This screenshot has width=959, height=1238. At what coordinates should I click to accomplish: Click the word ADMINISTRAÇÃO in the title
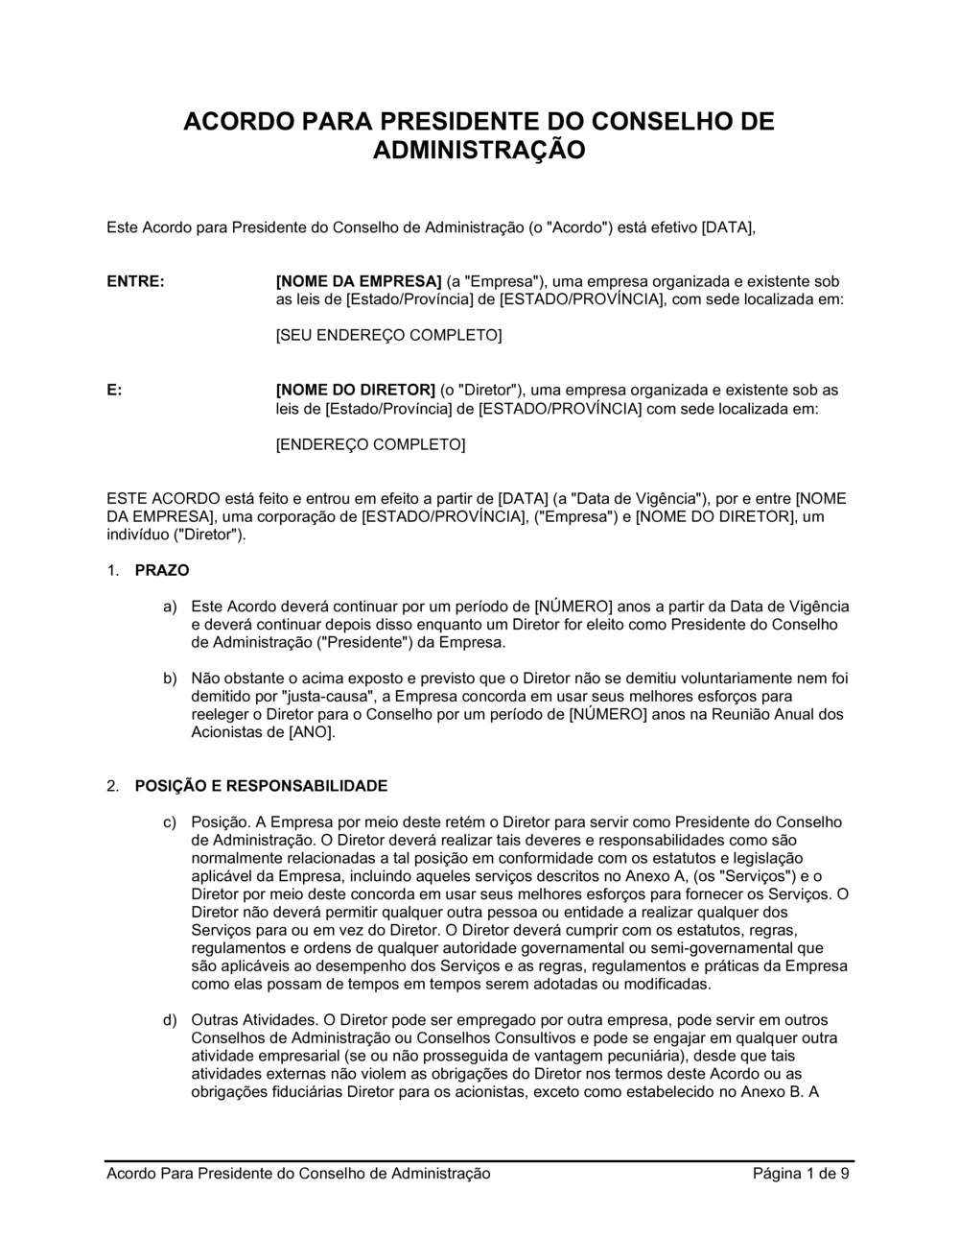click(479, 151)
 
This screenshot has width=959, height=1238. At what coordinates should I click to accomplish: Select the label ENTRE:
click(135, 282)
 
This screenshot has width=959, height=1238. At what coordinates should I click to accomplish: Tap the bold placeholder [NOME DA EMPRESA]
click(358, 282)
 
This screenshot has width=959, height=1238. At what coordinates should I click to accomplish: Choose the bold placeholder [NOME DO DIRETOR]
click(356, 391)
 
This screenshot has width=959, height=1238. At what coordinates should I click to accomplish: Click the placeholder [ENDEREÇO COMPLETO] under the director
click(370, 445)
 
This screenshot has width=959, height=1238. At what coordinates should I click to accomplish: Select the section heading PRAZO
click(162, 571)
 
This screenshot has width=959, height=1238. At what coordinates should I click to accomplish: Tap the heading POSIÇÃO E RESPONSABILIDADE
click(261, 787)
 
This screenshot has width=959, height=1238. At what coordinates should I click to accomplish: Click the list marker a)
click(170, 607)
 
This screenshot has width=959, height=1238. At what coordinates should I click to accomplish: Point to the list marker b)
click(170, 679)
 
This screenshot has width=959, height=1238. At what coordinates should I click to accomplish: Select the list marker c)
click(170, 823)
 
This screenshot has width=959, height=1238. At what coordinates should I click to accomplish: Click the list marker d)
click(170, 1021)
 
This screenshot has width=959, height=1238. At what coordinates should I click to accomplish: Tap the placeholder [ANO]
click(312, 733)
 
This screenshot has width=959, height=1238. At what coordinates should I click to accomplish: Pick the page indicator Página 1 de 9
click(802, 1174)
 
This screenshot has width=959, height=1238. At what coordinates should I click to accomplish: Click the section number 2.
click(113, 787)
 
